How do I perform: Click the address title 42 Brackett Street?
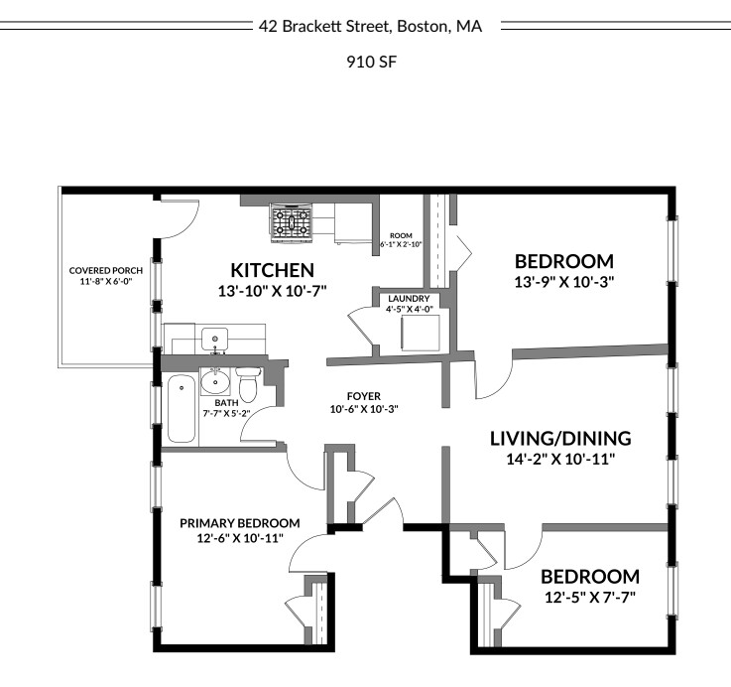tap(370, 27)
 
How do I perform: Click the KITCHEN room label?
tap(272, 270)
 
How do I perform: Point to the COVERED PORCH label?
tap(106, 270)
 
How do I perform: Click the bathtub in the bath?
tap(181, 408)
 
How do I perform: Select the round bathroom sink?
tap(216, 380)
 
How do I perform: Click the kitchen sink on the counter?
tap(215, 339)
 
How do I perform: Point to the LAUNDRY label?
tap(409, 298)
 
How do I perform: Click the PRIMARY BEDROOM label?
tap(239, 523)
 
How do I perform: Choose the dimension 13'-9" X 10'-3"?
tap(563, 282)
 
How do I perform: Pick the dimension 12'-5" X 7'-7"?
tap(589, 597)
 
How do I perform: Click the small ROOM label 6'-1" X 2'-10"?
tap(401, 237)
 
